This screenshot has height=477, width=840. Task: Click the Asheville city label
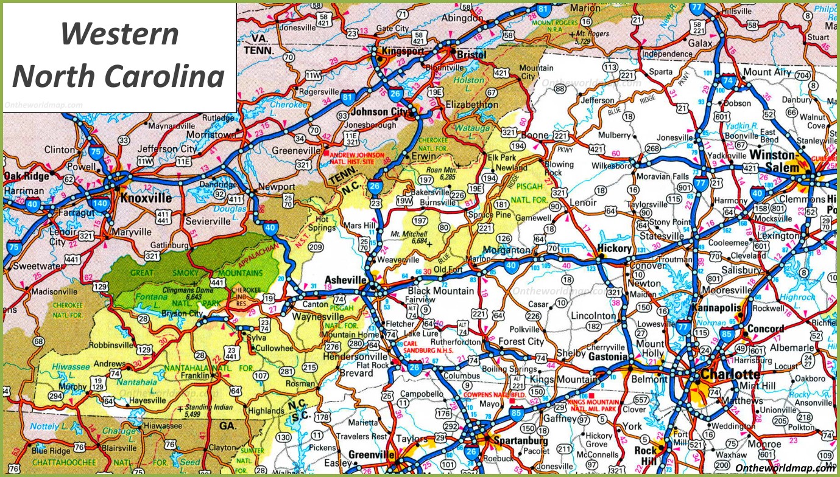pos(345,279)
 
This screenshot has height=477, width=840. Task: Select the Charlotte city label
pos(730,374)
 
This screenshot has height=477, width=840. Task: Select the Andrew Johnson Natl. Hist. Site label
pos(358,158)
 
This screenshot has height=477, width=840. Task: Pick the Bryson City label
pos(182,314)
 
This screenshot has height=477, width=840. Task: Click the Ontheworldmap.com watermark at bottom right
pos(785,467)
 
